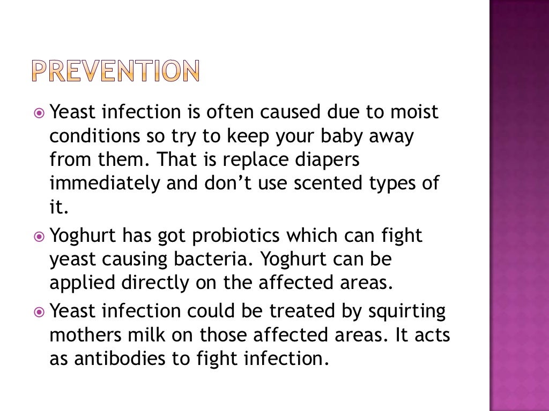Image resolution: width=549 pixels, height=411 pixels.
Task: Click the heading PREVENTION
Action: pos(114,71)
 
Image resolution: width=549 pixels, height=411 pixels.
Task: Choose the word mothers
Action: pos(84,335)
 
